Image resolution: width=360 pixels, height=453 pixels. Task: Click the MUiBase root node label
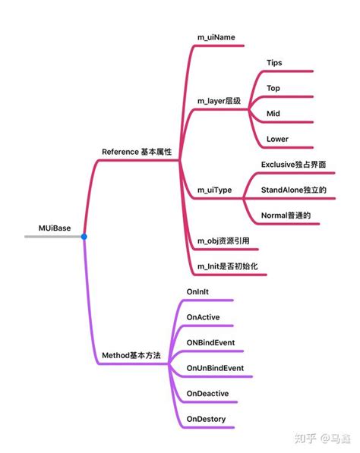[x=56, y=227]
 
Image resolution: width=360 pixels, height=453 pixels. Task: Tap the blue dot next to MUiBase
[x=84, y=237]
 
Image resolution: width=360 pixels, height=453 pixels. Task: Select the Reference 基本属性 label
[x=137, y=152]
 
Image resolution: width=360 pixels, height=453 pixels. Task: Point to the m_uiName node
[x=216, y=37]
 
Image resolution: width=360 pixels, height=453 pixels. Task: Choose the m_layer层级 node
[x=219, y=100]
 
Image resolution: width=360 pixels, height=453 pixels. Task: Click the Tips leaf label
[x=275, y=62]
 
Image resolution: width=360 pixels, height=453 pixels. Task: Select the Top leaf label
[x=273, y=88]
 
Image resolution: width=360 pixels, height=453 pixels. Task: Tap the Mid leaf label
[x=273, y=113]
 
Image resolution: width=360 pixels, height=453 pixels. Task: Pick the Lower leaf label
[x=277, y=139]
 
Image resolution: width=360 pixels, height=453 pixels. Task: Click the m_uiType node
[x=215, y=189]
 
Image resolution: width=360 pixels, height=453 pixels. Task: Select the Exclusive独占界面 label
[x=293, y=164]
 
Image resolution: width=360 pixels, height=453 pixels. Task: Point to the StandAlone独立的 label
[x=293, y=189]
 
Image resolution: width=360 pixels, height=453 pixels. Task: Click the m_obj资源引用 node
[x=223, y=241]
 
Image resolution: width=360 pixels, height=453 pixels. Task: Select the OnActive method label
[x=203, y=316]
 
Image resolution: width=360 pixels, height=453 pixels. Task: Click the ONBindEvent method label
[x=210, y=342]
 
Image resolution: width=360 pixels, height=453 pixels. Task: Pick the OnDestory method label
[x=206, y=418]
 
